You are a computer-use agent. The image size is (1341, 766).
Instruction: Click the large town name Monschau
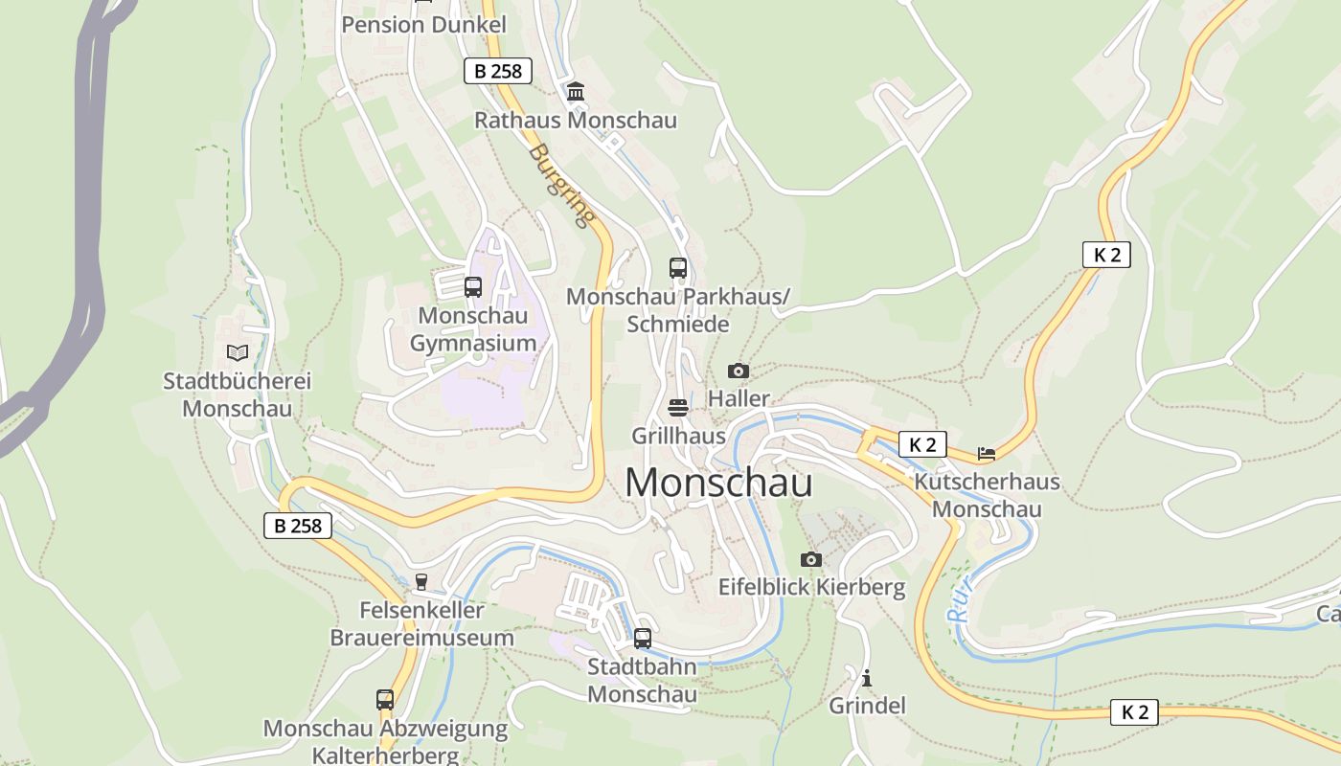click(718, 483)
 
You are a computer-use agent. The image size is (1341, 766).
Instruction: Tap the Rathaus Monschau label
click(576, 121)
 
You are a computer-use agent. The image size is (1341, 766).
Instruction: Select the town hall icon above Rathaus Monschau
click(576, 92)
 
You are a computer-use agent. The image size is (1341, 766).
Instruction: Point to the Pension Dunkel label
click(423, 25)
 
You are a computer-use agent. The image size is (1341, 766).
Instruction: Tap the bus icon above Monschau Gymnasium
click(472, 286)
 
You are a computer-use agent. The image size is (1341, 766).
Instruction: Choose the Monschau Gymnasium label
click(473, 328)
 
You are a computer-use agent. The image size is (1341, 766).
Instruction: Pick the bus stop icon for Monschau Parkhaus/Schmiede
click(678, 268)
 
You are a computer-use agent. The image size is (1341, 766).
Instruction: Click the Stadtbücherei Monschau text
click(237, 394)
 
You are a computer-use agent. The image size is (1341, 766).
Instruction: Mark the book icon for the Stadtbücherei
click(237, 353)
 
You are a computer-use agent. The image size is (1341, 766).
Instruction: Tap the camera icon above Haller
click(738, 371)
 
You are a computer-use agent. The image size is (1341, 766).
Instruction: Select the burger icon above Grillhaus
click(678, 408)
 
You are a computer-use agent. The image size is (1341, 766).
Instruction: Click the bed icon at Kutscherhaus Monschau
click(987, 453)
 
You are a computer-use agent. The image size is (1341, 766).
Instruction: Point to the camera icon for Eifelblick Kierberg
click(811, 559)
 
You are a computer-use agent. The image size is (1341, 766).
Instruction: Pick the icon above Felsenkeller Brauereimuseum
click(420, 582)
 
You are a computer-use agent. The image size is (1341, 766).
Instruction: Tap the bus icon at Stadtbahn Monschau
click(642, 638)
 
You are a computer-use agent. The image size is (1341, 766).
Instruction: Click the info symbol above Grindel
click(867, 678)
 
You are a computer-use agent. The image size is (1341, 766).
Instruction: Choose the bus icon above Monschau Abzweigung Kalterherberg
click(385, 700)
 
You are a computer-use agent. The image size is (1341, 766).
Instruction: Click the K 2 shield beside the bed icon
click(922, 444)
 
